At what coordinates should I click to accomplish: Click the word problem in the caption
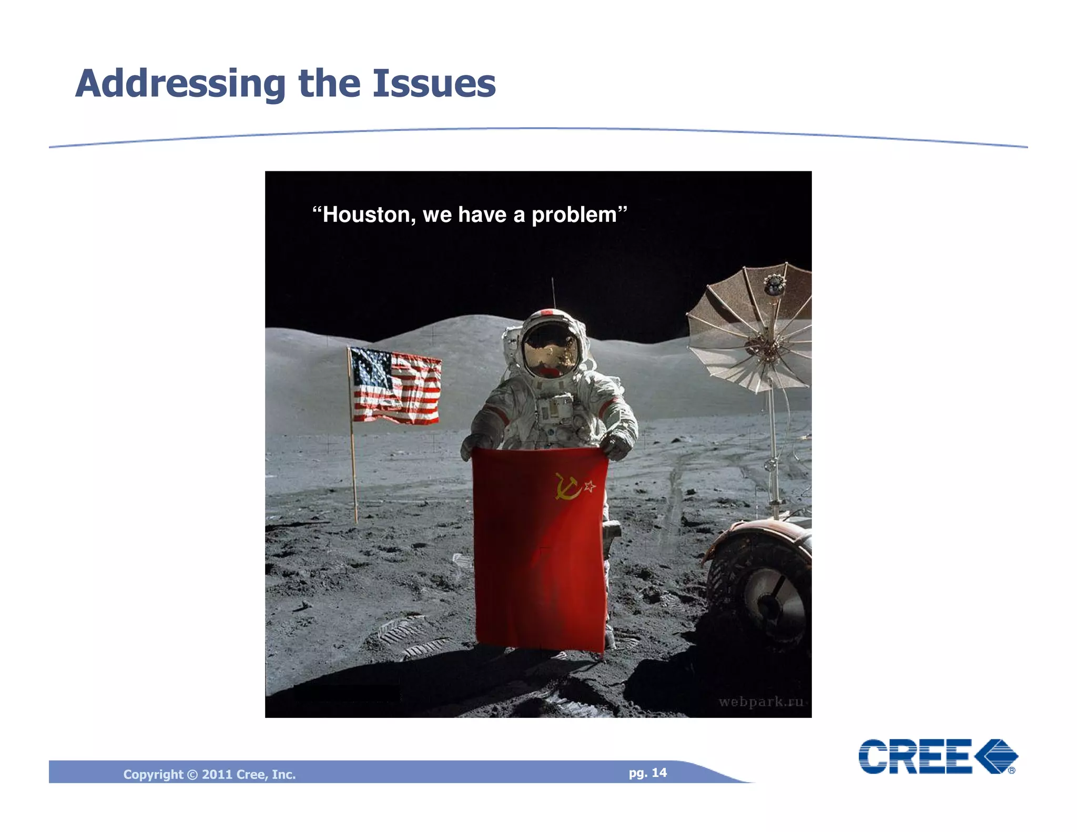574,215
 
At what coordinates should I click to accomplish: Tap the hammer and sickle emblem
567,486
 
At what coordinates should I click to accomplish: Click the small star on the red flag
590,486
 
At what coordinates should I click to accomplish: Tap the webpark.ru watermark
761,702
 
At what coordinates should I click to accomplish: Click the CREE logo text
915,756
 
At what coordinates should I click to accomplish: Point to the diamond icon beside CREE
996,756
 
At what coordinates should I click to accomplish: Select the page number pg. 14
647,773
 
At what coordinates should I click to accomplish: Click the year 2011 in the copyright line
217,775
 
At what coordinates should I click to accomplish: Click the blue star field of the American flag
371,367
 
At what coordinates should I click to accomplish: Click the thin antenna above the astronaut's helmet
553,293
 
